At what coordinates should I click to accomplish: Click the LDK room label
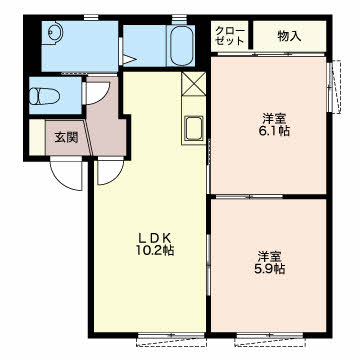tap(155, 238)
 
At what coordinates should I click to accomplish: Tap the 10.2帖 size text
tap(155, 250)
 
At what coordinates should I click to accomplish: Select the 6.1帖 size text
tap(274, 131)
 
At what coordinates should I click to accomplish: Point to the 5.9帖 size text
tap(269, 269)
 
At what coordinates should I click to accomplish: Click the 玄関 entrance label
tap(66, 137)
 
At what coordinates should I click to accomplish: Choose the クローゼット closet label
tap(230, 36)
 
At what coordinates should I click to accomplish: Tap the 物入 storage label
tap(289, 36)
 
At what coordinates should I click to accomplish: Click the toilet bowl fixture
tap(44, 96)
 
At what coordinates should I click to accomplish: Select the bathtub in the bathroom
tap(181, 46)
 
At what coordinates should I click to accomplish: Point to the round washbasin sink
tap(54, 33)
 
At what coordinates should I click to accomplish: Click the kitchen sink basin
tap(194, 129)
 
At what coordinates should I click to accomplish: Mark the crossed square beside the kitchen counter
tap(194, 84)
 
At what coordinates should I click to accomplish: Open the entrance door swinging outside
tap(66, 173)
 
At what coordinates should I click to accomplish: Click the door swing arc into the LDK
tap(110, 172)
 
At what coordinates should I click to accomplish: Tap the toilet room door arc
tap(97, 93)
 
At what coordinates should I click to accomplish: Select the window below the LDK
tap(172, 338)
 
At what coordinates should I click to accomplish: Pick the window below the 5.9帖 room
tap(269, 338)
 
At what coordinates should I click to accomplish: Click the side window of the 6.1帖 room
tap(334, 87)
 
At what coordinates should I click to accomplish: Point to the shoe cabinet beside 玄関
tap(37, 137)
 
